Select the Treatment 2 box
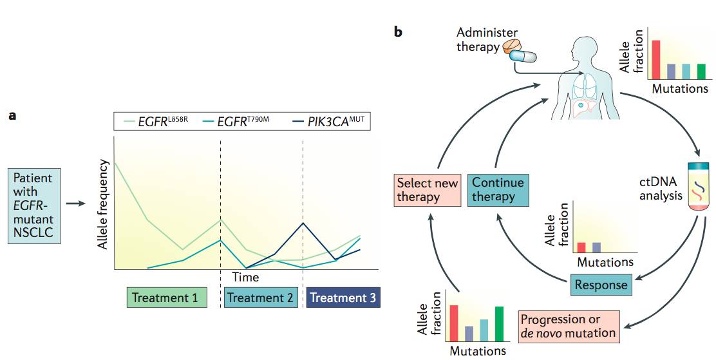coord(260,298)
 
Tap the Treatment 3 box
coord(343,298)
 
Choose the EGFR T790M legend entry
coord(238,121)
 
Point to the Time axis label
coord(245,278)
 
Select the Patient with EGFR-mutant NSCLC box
coord(35,205)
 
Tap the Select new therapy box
coord(428,189)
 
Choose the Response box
coord(601,285)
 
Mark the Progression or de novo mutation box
coord(569,327)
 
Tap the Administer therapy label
coord(479,39)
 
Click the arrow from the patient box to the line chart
coord(76,204)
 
